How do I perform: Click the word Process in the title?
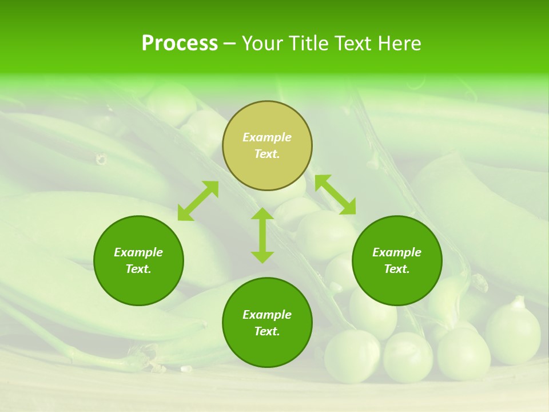pos(180,43)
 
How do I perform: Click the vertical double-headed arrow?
pos(262,235)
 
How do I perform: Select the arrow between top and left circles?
pos(198,201)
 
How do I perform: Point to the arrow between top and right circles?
pos(335,195)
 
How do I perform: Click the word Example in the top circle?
pos(267,137)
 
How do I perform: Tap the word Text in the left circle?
pos(138,269)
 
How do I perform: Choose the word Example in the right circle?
pos(397,252)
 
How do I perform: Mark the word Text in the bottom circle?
pos(267,331)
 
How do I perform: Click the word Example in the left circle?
pos(138,252)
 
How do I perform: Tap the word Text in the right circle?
pos(397,269)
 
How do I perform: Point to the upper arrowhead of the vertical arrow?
pos(262,213)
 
